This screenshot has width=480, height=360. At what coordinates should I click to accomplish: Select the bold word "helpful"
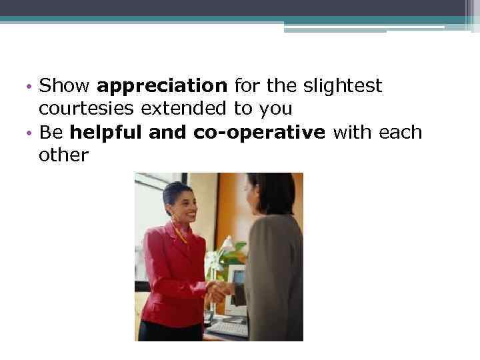[x=107, y=132]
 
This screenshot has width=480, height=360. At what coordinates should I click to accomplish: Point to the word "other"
[x=64, y=155]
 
